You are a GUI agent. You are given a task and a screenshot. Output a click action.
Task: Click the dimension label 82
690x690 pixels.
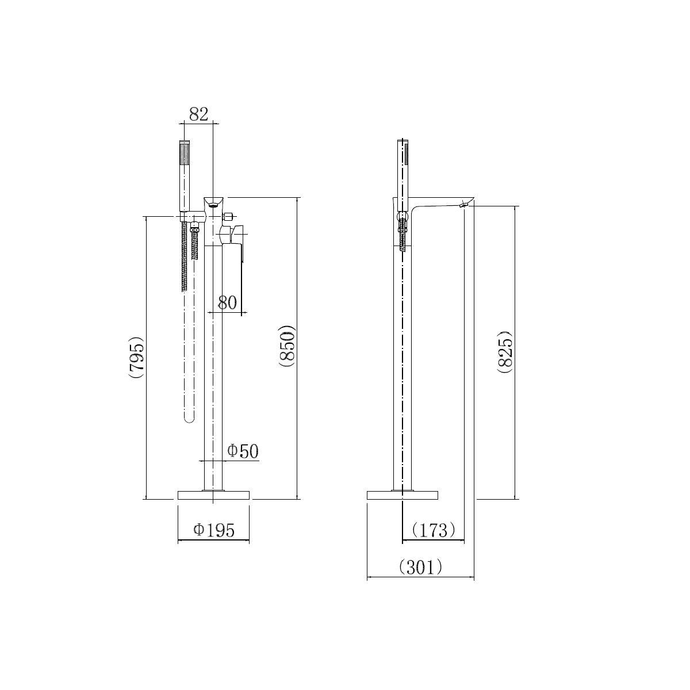pyautogui.click(x=198, y=114)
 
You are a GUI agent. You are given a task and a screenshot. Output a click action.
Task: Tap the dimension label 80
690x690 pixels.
pyautogui.click(x=227, y=302)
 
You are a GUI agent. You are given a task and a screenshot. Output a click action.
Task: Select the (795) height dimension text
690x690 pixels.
pyautogui.click(x=137, y=357)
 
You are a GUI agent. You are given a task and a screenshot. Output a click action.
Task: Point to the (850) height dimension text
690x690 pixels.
pyautogui.click(x=287, y=346)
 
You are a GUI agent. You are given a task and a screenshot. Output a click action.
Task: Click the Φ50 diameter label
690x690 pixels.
pyautogui.click(x=243, y=451)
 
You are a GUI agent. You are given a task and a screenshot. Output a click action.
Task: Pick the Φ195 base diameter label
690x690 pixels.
pyautogui.click(x=214, y=530)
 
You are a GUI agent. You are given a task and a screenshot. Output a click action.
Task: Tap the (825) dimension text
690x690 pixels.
pyautogui.click(x=505, y=352)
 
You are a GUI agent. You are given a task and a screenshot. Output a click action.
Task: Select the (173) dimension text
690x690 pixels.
pyautogui.click(x=434, y=530)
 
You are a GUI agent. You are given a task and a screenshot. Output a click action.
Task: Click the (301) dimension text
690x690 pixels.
pyautogui.click(x=420, y=567)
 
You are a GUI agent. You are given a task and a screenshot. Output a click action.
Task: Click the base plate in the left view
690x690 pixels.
pyautogui.click(x=213, y=495)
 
